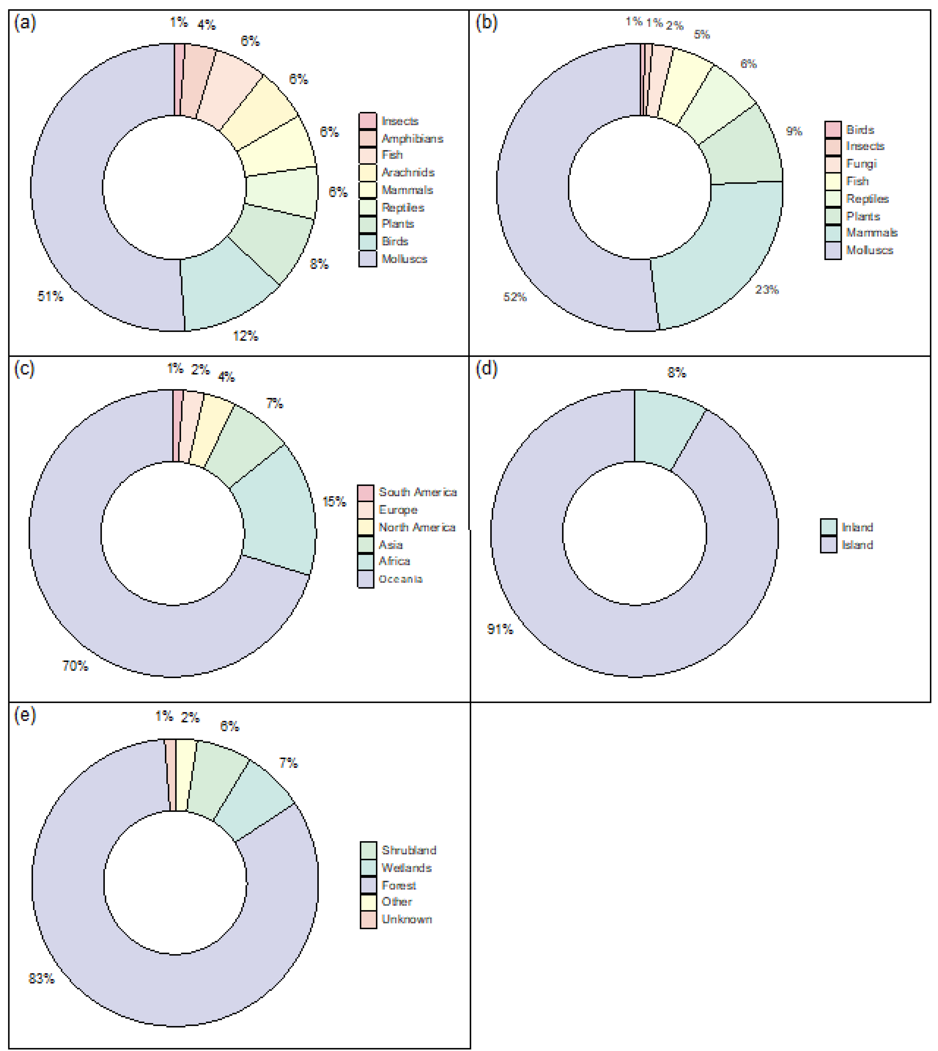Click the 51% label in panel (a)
pos(50,296)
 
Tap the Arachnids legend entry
pos(407,172)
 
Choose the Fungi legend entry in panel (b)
pos(861,164)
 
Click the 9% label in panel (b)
pos(794,131)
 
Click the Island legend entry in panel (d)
pos(857,545)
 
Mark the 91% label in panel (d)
pos(500,629)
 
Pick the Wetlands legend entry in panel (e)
pos(406,868)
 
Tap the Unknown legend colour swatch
pos(368,920)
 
